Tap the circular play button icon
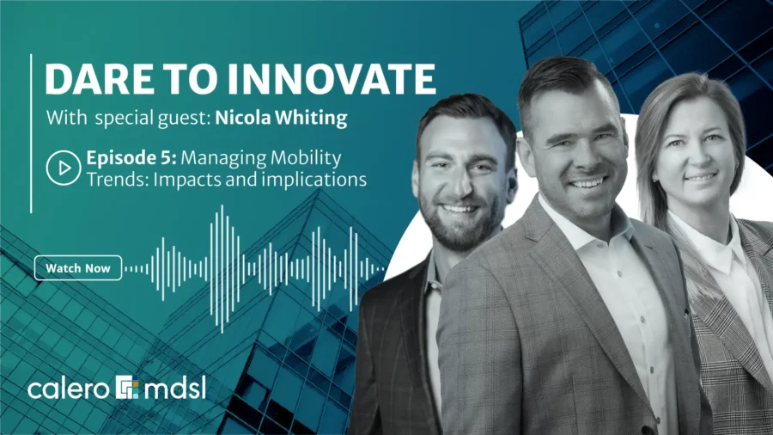63,169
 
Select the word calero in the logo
70,388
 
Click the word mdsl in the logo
174,388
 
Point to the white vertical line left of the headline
32,132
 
